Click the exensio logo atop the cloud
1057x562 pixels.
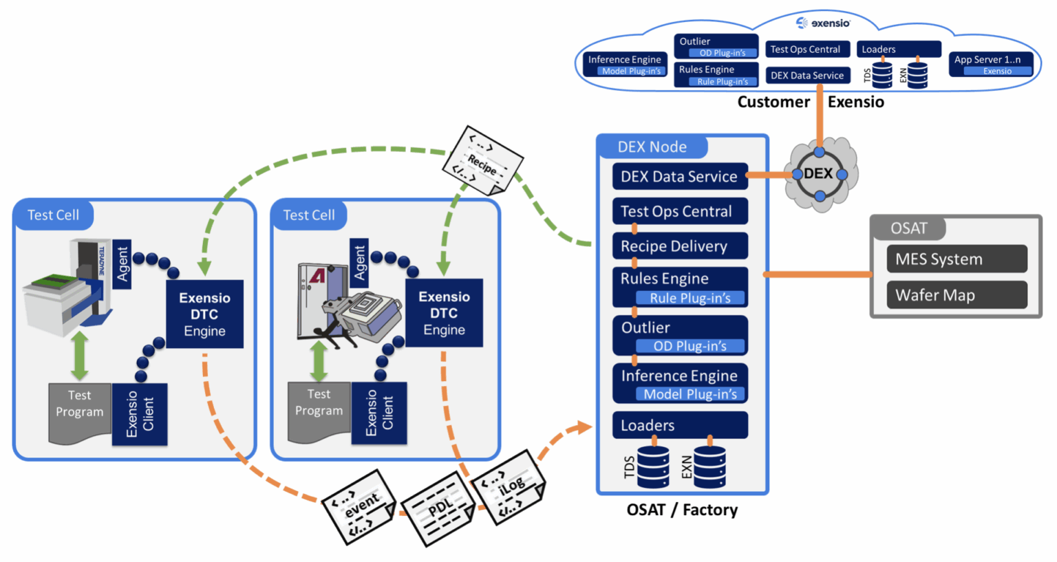pyautogui.click(x=823, y=23)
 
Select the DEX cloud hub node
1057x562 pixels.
pyautogui.click(x=819, y=174)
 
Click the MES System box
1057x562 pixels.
pyautogui.click(x=957, y=259)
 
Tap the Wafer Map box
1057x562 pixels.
pyautogui.click(x=957, y=295)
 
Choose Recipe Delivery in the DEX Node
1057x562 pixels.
pyautogui.click(x=680, y=246)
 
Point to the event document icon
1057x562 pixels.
pyautogui.click(x=359, y=507)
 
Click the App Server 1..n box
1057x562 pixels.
pyautogui.click(x=990, y=64)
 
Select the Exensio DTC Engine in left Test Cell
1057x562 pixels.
pyautogui.click(x=204, y=314)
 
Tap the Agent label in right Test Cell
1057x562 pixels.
pyautogui.click(x=359, y=263)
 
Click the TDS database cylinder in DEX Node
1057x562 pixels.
pyautogui.click(x=652, y=467)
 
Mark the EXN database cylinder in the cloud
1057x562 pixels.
pyautogui.click(x=917, y=75)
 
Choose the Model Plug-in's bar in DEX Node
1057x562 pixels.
pyautogui.click(x=690, y=394)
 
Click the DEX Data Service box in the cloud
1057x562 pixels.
pyautogui.click(x=807, y=76)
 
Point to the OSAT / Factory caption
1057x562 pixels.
pyautogui.click(x=682, y=510)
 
